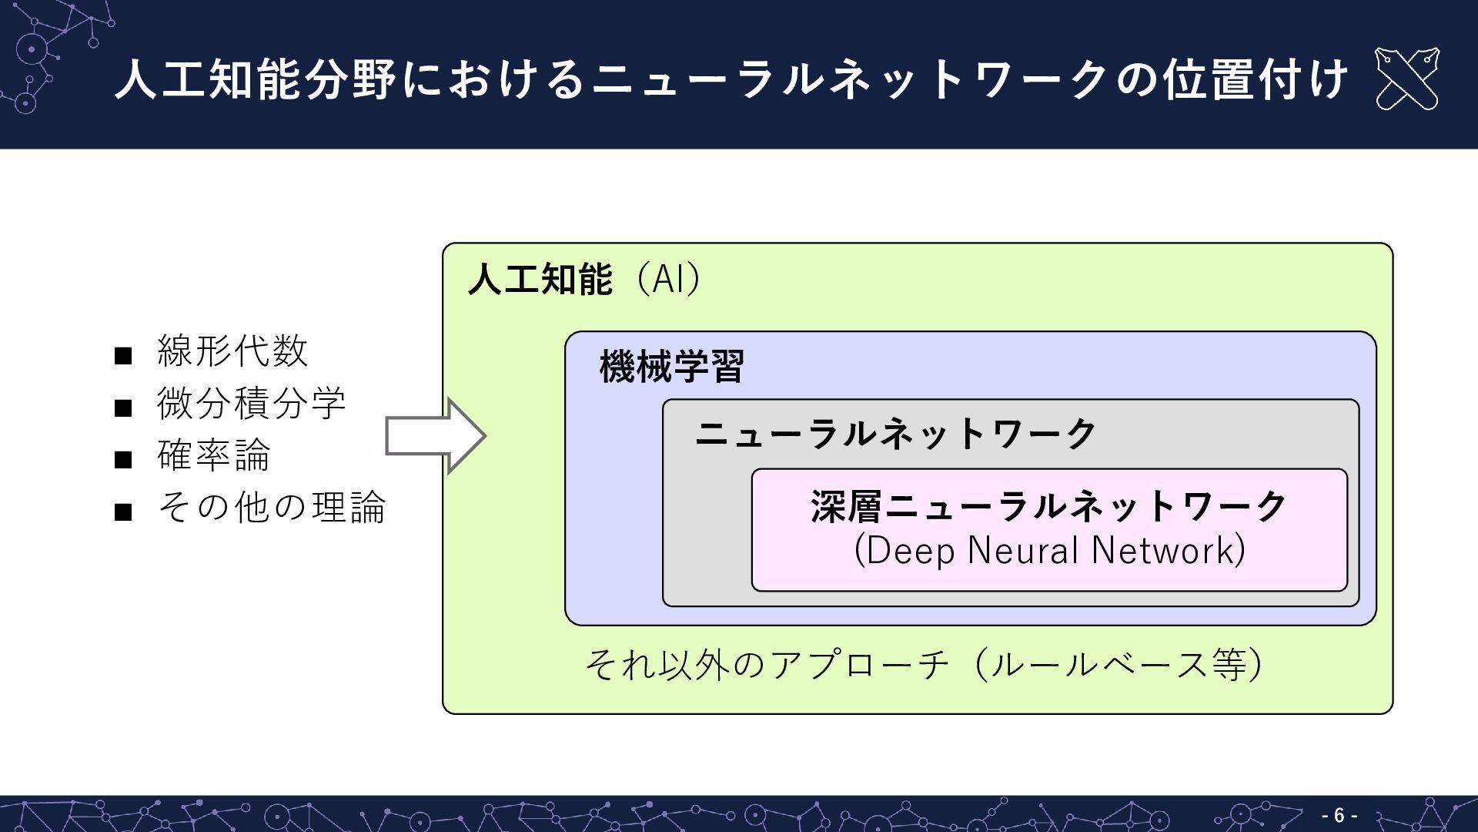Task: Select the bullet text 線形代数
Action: (232, 351)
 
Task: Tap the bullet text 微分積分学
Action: (252, 403)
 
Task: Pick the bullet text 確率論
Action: (214, 455)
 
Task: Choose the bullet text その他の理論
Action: (271, 507)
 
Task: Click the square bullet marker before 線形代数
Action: (123, 356)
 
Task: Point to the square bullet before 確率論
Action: (123, 460)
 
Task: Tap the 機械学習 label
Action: (671, 367)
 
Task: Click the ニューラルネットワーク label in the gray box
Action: (895, 434)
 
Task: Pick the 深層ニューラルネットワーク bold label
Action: (1049, 507)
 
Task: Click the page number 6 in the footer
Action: (1339, 815)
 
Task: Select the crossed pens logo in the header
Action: (1406, 79)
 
